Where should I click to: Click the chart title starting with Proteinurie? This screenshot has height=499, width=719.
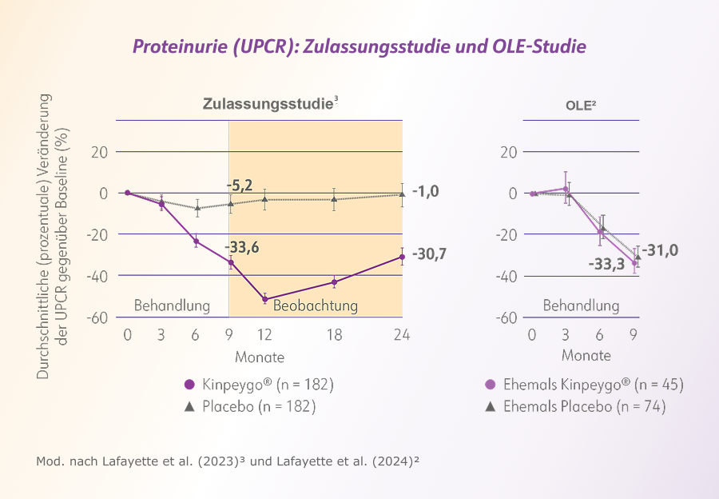359,46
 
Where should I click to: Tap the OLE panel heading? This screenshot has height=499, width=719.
581,106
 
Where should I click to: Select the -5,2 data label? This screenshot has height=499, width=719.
240,186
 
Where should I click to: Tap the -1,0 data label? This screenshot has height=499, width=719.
425,191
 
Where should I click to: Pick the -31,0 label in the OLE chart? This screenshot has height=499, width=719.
660,250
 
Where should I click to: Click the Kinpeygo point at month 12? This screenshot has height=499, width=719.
265,299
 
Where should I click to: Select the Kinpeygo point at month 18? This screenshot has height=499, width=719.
334,282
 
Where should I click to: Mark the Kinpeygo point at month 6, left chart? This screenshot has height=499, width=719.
197,242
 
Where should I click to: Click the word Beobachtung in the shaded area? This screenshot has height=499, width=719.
315,305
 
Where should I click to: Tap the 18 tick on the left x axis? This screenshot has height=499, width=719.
334,334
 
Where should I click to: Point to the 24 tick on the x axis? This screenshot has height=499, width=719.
402,334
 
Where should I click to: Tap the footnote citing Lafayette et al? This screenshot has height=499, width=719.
228,461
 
